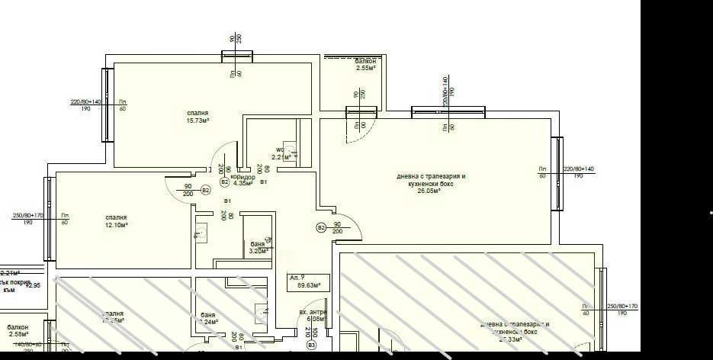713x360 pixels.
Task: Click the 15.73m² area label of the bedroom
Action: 198,121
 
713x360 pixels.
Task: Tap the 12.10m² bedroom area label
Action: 116,226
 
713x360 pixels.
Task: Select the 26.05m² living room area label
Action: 430,191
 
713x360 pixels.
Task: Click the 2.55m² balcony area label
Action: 366,68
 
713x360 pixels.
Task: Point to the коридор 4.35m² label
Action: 242,183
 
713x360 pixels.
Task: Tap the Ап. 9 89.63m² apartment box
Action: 308,281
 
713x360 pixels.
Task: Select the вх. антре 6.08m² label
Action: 313,315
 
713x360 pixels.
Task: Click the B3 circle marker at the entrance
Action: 311,346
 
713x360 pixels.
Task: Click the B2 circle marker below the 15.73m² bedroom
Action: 224,182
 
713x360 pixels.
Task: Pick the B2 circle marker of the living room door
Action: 321,227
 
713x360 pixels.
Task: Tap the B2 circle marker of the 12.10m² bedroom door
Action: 204,190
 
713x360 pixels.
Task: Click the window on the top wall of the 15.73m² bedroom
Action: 237,55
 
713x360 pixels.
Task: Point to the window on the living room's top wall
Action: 448,112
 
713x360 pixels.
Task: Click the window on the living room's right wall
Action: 557,173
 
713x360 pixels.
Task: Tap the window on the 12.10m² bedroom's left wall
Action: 50,218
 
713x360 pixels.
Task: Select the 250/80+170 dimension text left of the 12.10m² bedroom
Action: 27,215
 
